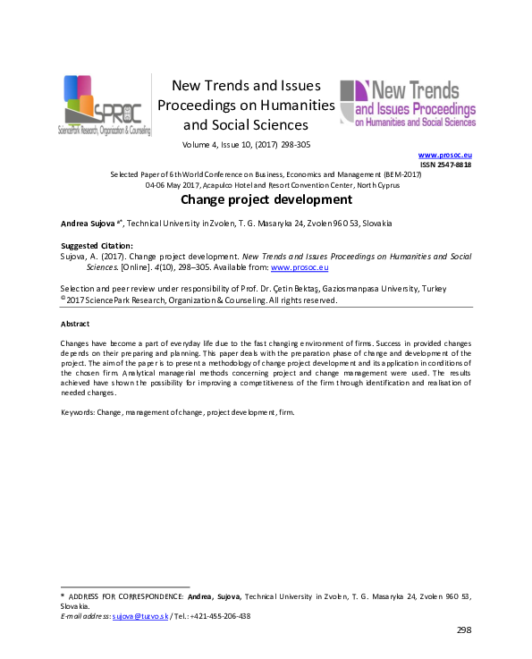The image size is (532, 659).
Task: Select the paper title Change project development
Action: pyautogui.click(x=266, y=199)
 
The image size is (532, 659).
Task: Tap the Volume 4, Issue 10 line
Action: pyautogui.click(x=246, y=144)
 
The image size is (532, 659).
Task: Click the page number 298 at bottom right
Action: pyautogui.click(x=463, y=630)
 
